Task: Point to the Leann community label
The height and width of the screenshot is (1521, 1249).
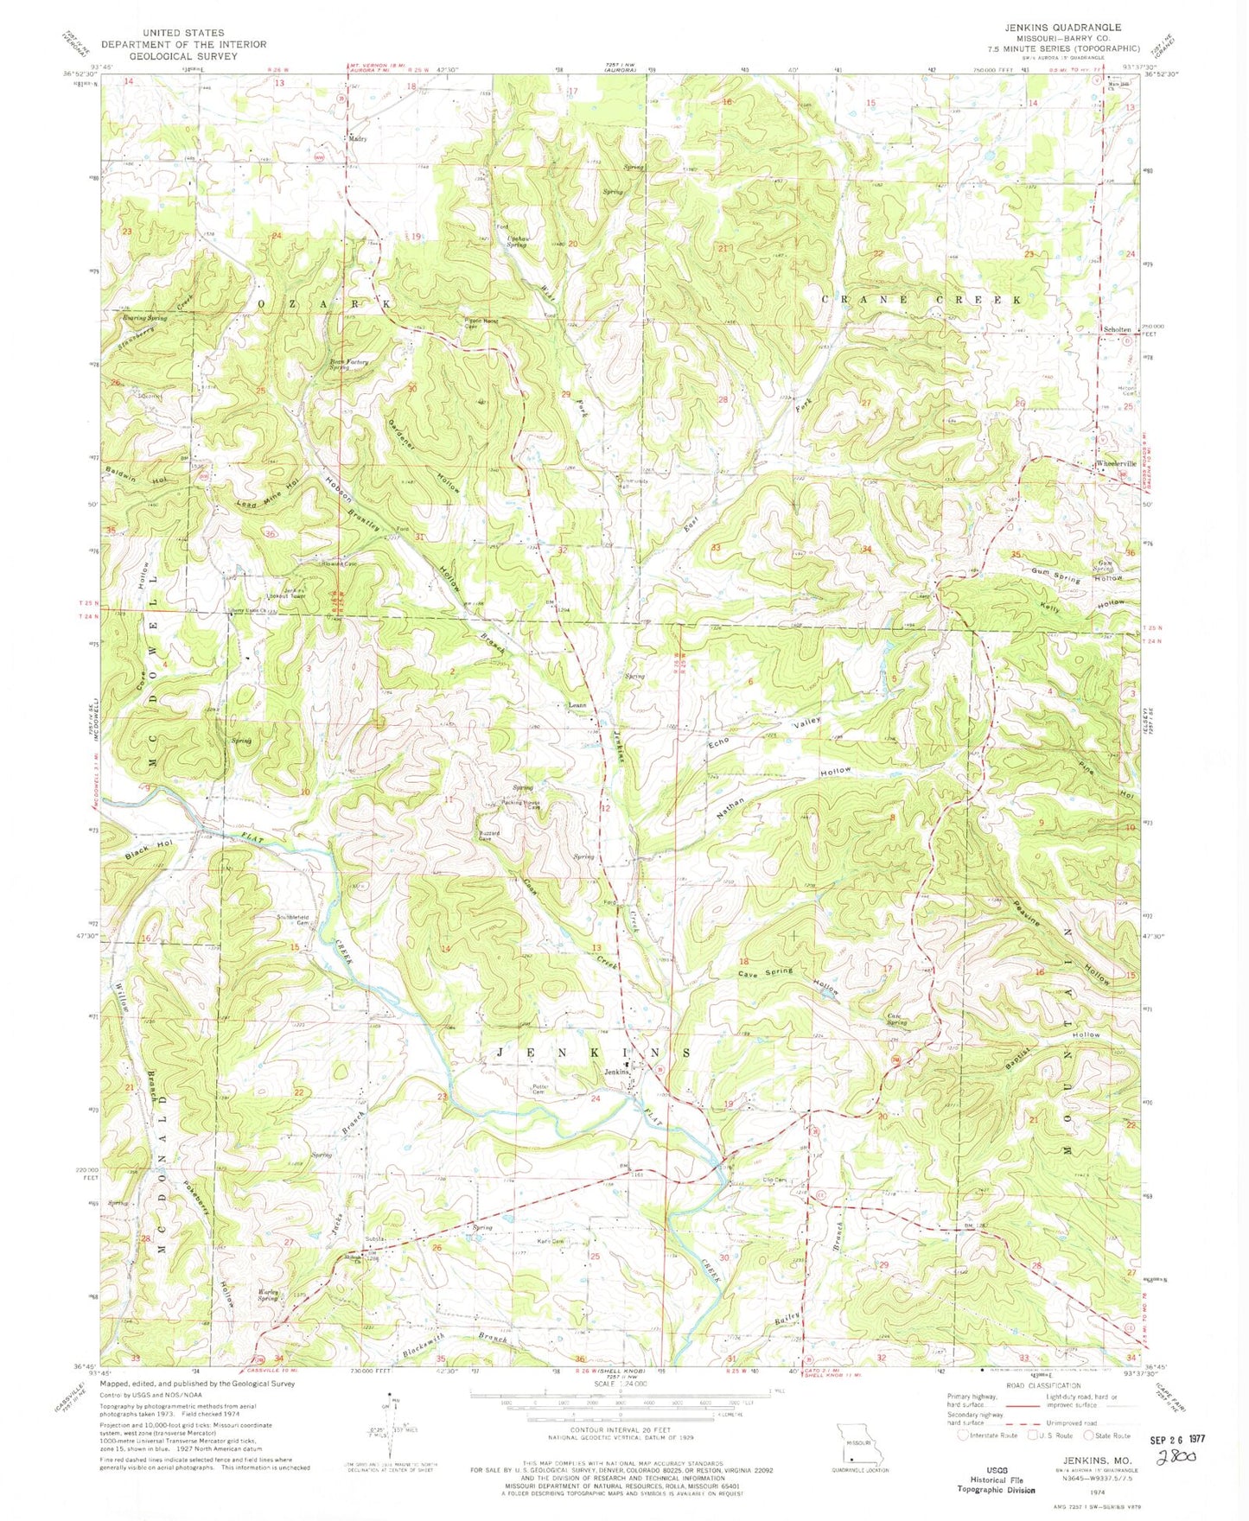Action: click(577, 704)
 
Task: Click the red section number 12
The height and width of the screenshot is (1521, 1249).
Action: click(607, 808)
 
